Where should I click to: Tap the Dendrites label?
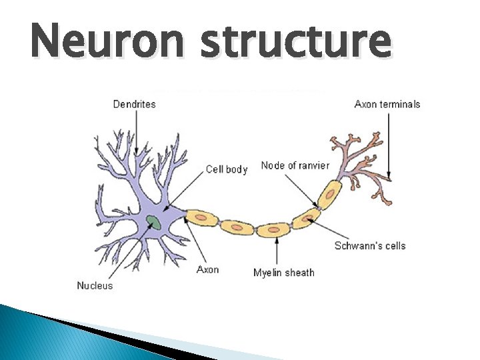[134, 104]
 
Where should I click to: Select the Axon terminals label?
[387, 104]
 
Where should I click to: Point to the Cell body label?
[226, 169]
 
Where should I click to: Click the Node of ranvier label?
[295, 165]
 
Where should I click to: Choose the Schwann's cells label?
[370, 245]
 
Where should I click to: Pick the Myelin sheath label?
[283, 272]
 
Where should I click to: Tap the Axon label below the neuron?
[207, 269]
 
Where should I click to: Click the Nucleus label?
[95, 285]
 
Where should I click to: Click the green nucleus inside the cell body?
[154, 222]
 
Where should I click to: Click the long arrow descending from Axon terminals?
[387, 143]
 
